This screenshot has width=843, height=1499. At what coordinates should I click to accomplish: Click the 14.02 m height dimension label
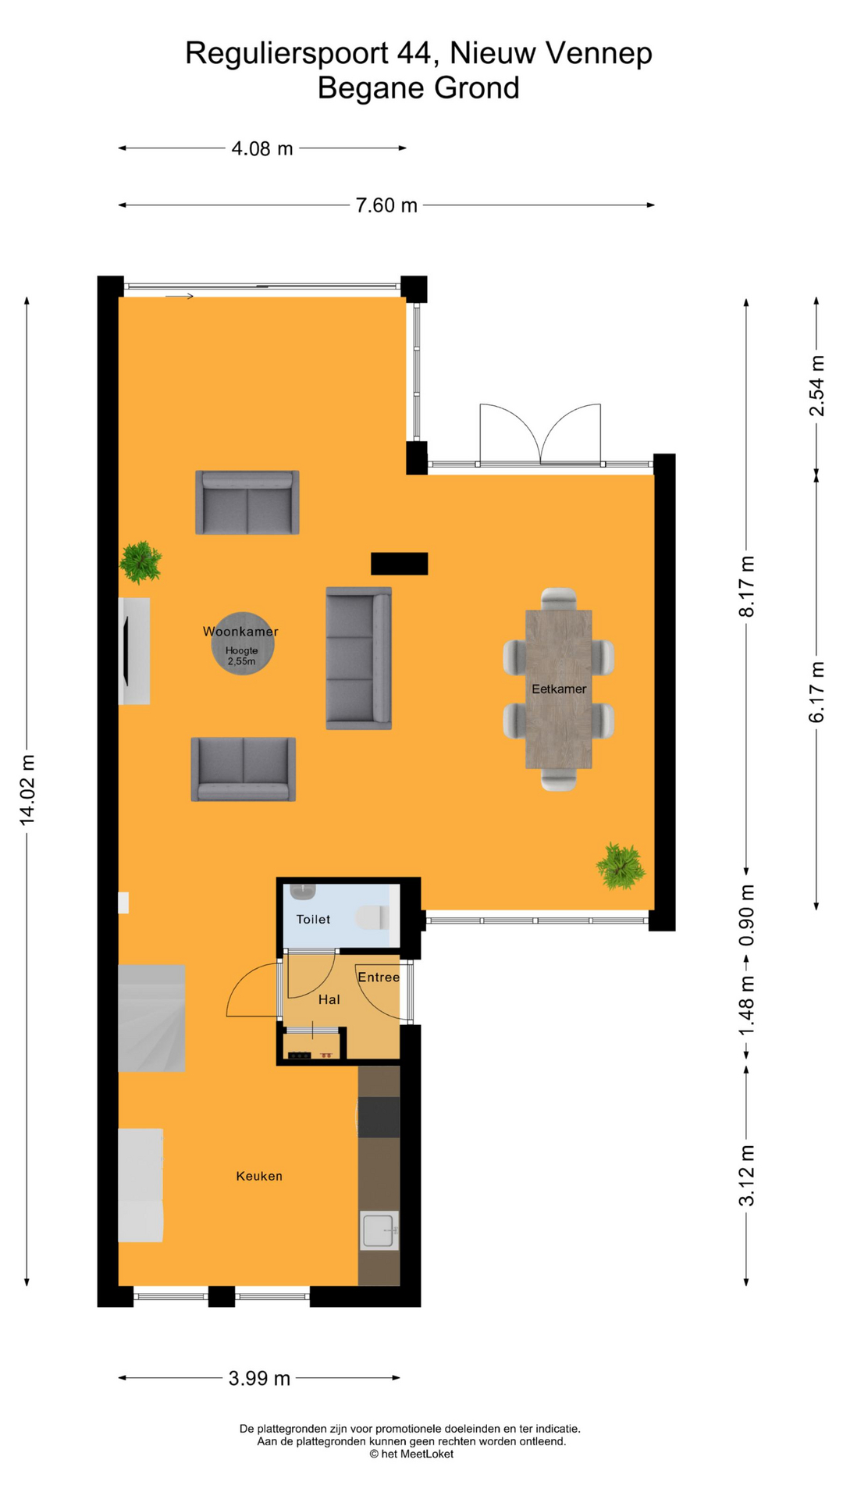tap(27, 789)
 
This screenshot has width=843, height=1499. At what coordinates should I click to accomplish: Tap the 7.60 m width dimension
tap(386, 205)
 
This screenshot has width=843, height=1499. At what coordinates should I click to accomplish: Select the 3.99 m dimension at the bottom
tap(259, 1378)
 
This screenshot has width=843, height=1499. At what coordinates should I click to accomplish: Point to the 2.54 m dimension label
tap(816, 386)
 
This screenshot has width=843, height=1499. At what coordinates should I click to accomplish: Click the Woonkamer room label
tap(240, 632)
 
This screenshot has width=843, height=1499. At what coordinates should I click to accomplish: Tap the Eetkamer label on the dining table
tap(559, 689)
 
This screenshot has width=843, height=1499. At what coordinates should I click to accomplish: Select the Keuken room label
tap(259, 1176)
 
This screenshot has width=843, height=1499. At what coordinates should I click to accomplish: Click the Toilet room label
tap(313, 919)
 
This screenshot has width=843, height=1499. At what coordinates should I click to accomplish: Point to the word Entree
tap(379, 977)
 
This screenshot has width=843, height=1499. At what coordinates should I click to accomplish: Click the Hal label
tap(329, 999)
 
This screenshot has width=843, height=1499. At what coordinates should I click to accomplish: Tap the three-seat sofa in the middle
tap(358, 658)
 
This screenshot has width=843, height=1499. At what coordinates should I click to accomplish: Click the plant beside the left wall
tap(140, 561)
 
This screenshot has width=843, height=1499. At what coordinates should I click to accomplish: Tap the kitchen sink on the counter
tap(379, 1230)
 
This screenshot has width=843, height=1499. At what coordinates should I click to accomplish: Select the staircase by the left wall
tap(151, 1018)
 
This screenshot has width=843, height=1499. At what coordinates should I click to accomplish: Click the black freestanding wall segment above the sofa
tap(399, 563)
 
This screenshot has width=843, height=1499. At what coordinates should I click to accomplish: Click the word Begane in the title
tap(372, 87)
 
